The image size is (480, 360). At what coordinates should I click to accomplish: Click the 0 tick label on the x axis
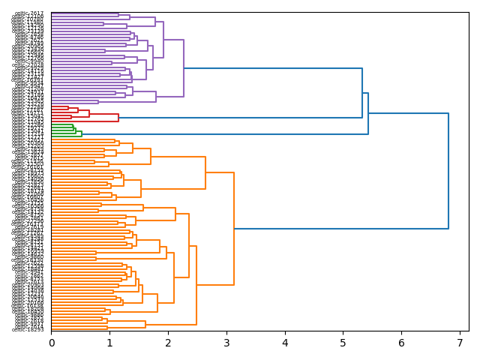[51, 343]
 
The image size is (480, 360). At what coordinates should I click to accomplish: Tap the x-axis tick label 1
[109, 343]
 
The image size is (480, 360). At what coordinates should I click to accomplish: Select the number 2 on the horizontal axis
[168, 343]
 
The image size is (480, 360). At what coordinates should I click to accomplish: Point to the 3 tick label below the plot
[226, 343]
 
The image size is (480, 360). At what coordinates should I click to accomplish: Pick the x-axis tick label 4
[285, 343]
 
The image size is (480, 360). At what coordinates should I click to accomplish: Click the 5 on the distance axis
[343, 343]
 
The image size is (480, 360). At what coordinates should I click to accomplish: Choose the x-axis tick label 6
[401, 343]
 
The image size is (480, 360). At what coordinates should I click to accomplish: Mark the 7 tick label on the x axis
[460, 343]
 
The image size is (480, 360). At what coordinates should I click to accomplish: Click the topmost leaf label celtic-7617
[30, 13]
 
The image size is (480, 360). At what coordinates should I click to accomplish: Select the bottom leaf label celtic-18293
[28, 329]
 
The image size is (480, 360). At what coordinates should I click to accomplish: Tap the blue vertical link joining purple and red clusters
[362, 93]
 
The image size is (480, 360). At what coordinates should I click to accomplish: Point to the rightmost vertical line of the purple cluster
[184, 68]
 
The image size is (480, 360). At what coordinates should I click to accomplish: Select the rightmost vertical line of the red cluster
[118, 118]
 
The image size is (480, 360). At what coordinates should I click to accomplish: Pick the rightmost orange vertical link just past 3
[234, 229]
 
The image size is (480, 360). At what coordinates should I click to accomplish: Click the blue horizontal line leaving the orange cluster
[341, 229]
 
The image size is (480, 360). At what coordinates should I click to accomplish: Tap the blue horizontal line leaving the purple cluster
[273, 68]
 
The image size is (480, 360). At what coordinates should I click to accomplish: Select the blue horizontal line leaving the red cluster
[240, 118]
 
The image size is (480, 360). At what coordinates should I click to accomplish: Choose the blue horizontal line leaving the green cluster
[225, 134]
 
